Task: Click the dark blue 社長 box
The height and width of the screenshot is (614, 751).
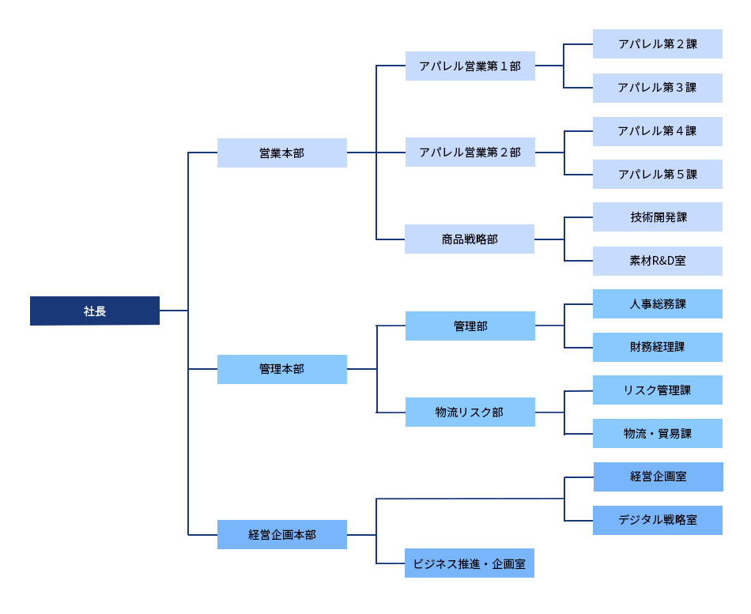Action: click(95, 311)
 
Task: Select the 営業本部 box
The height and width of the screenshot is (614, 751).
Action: click(281, 153)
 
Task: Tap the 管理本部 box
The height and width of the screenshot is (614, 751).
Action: click(281, 369)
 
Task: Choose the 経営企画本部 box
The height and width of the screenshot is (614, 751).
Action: click(281, 535)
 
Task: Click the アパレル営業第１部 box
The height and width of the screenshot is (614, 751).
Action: click(470, 66)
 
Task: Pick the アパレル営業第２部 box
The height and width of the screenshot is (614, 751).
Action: click(470, 152)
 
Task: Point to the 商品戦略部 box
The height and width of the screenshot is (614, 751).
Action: click(470, 239)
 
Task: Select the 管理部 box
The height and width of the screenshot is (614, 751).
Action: click(470, 326)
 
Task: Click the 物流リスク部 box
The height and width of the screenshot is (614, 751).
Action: click(470, 412)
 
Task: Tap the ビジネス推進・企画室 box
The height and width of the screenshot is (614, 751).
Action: click(470, 563)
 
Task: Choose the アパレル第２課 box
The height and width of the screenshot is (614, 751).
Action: click(657, 44)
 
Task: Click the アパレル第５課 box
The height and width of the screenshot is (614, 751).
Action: click(657, 174)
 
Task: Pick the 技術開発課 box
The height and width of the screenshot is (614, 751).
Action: click(657, 217)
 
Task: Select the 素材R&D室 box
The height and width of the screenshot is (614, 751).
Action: click(657, 261)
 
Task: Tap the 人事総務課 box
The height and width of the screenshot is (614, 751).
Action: click(657, 303)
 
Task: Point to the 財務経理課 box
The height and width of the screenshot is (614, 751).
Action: click(657, 347)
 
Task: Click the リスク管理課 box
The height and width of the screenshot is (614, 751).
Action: click(657, 390)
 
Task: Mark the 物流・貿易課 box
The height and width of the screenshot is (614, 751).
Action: click(657, 433)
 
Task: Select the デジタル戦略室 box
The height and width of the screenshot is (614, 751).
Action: click(657, 520)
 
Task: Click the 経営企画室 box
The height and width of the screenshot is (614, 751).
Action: click(657, 477)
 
